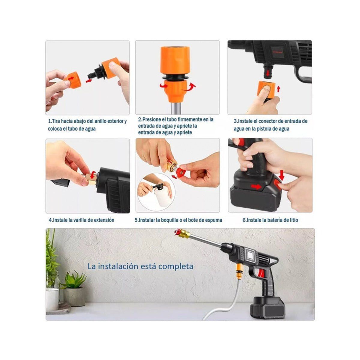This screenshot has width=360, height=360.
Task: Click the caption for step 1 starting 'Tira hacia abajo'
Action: click(x=87, y=125)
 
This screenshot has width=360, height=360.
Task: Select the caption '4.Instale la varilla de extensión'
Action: click(x=82, y=220)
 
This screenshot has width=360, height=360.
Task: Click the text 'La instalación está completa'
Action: click(x=140, y=266)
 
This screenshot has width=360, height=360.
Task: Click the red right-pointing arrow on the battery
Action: click(x=256, y=187)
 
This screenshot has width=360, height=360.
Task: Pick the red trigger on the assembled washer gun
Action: click(x=261, y=273)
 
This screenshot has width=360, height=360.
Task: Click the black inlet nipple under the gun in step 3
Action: click(x=266, y=71)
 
